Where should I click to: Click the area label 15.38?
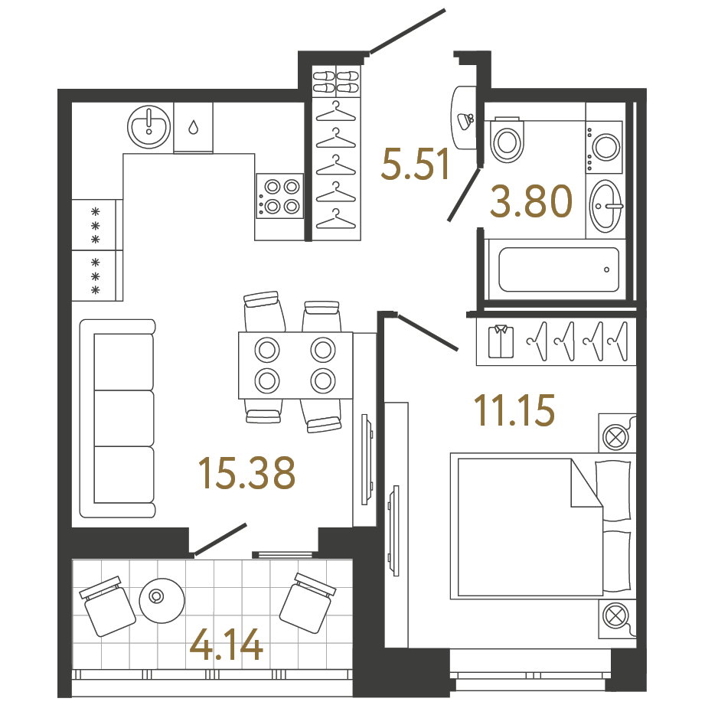click(246, 473)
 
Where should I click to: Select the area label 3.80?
click(532, 203)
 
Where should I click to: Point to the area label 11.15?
click(513, 411)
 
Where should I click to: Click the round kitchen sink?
click(149, 126)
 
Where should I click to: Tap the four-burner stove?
click(280, 195)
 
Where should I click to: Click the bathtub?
click(558, 269)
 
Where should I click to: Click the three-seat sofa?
click(118, 419)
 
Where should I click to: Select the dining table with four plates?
click(295, 364)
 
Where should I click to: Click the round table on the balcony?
click(161, 597)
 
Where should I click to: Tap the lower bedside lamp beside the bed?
click(615, 615)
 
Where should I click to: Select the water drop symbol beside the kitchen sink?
click(193, 127)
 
